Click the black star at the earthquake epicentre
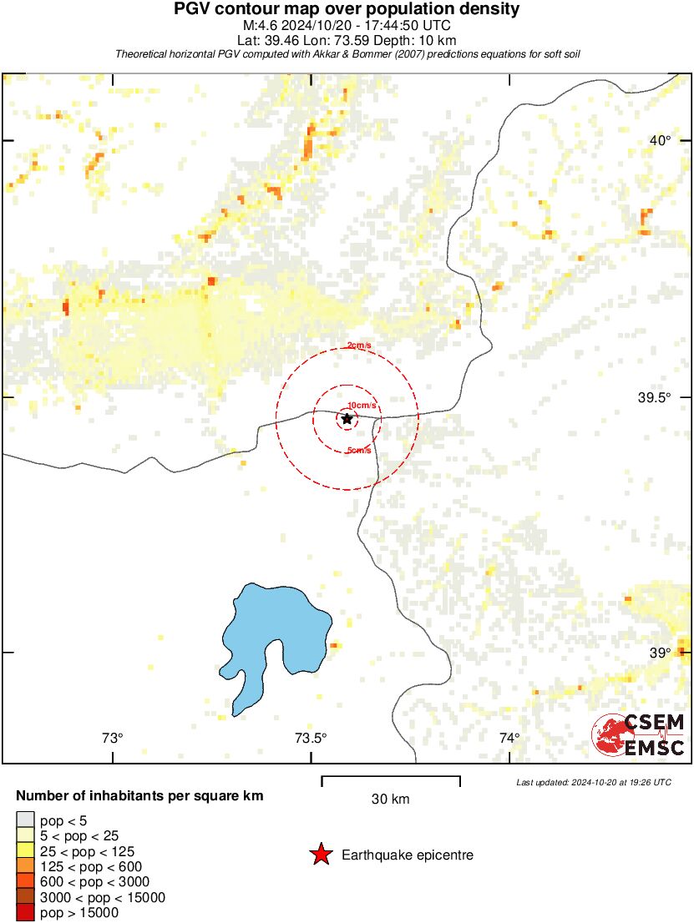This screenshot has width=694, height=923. [347, 418]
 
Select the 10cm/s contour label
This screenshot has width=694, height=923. [362, 405]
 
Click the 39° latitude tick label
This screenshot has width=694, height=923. [660, 653]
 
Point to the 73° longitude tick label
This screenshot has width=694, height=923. [113, 737]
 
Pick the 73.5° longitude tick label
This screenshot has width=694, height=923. [311, 737]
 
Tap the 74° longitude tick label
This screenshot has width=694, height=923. [509, 737]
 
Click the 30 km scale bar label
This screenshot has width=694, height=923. [390, 799]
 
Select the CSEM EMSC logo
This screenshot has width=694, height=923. [640, 734]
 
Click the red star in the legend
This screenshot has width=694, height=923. [320, 855]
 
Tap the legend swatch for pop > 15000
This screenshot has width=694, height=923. [25, 913]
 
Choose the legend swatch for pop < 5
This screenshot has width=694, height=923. [25, 821]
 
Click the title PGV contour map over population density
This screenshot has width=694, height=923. [347, 9]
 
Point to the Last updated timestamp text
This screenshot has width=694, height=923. [593, 782]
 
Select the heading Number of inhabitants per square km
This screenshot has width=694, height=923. [139, 796]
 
